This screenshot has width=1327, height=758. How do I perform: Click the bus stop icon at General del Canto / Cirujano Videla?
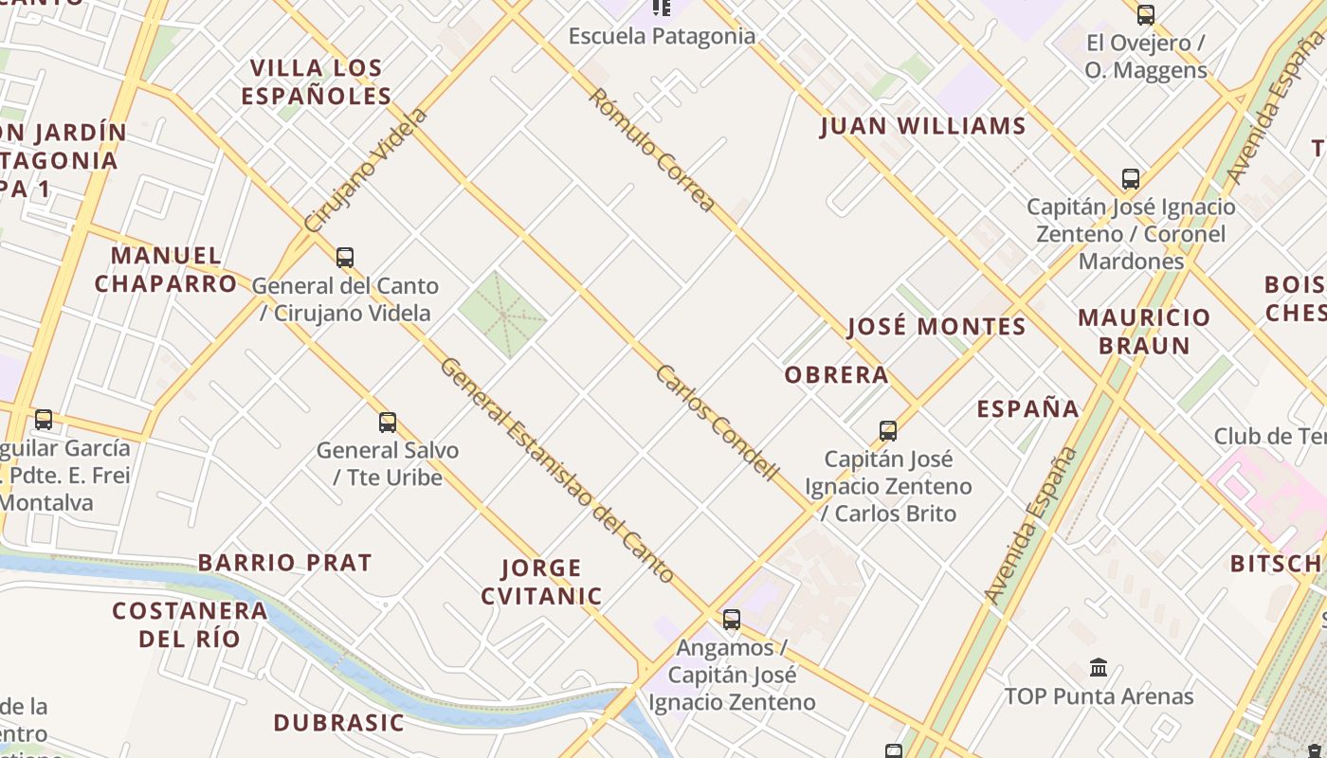coord(345,257)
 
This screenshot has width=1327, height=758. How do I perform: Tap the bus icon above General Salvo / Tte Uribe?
coord(387,422)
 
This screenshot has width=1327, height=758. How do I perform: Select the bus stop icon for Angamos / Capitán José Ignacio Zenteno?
coord(731,620)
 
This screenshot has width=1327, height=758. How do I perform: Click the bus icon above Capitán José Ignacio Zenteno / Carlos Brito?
coord(887,430)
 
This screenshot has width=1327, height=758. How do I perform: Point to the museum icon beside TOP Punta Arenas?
coord(1099,668)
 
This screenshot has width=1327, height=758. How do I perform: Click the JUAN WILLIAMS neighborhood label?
coord(922,126)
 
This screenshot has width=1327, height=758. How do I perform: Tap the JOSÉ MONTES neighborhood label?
coord(936,327)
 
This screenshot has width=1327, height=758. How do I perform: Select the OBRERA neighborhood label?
coord(836,375)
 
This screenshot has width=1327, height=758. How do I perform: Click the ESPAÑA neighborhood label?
coord(1027,408)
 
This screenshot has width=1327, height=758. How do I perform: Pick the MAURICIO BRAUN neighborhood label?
coord(1144,331)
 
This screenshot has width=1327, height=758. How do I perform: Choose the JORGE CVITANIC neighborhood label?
coord(541,582)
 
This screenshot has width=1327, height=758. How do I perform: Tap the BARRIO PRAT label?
coord(284,562)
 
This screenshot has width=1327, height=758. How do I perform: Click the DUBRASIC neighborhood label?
coord(338,722)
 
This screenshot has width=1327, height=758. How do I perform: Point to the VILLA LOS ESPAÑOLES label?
coord(316,81)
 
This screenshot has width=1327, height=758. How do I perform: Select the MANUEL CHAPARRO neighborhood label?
coord(166,269)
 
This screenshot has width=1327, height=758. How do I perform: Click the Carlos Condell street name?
coord(717,423)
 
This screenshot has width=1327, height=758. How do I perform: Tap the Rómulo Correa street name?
coord(651,150)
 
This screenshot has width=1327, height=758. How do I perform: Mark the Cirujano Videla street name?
coord(367,171)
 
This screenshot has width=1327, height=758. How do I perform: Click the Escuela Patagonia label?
coord(662,36)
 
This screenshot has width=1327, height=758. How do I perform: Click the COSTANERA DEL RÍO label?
coord(190,623)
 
